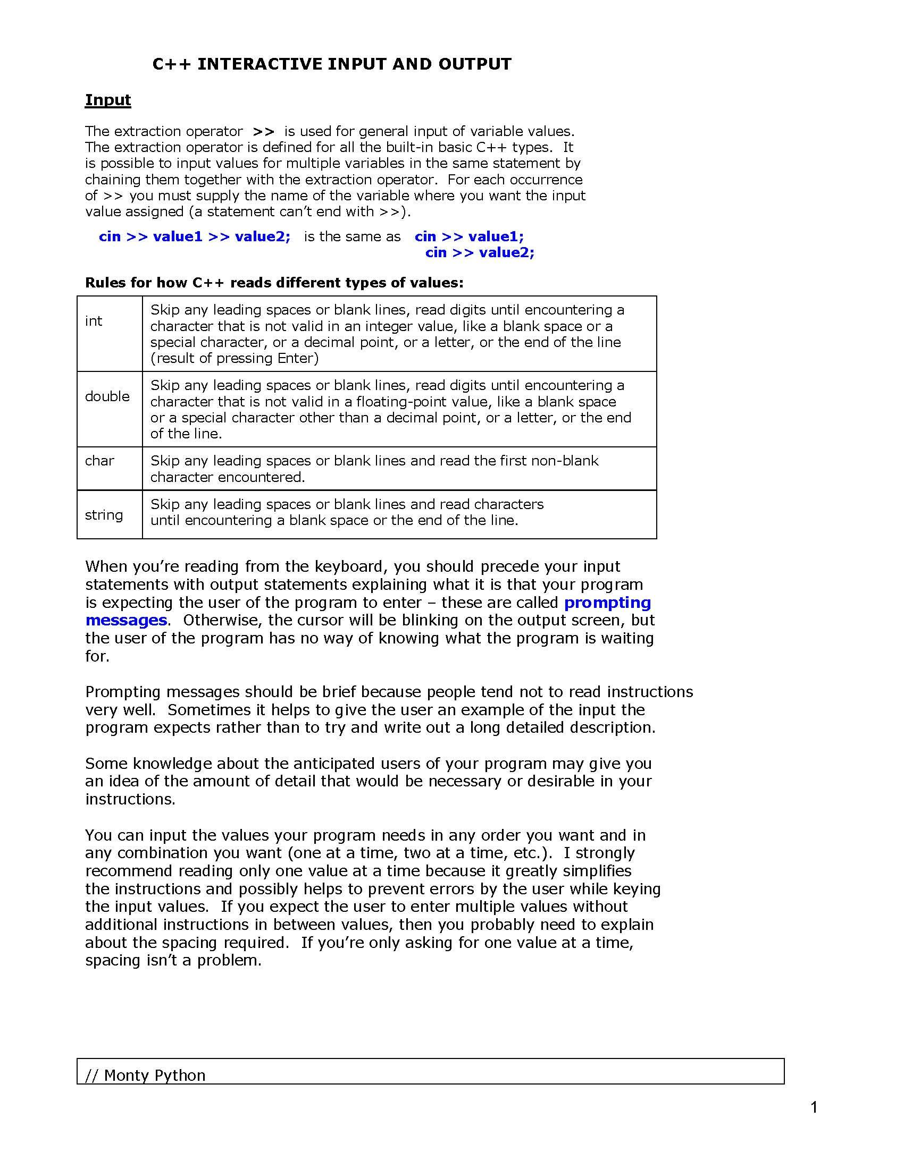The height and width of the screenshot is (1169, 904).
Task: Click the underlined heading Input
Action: point(107,100)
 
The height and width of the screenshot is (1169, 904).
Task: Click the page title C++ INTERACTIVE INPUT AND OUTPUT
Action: point(331,64)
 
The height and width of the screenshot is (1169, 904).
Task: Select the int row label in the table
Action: point(93,320)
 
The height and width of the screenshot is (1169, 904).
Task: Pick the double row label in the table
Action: point(107,396)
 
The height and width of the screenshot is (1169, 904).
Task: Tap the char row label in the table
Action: point(99,460)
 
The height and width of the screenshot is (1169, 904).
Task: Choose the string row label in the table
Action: point(104,514)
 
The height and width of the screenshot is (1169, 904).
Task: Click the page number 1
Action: point(814,1107)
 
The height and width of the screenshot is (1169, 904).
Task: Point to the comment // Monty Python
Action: point(145,1075)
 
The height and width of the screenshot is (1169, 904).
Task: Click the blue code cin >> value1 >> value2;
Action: point(195,236)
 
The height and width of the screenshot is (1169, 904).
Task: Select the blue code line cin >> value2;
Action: point(480,252)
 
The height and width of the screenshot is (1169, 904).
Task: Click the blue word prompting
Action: point(608,602)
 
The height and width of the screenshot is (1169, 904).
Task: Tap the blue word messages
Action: point(126,620)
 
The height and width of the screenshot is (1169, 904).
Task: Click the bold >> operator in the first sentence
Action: point(263,131)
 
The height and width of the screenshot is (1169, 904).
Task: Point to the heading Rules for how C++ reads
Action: point(274,283)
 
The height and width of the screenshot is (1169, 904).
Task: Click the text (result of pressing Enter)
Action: point(235,358)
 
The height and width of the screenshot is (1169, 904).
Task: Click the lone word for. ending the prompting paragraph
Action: point(97,656)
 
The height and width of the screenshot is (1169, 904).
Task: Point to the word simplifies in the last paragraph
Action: point(597,871)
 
